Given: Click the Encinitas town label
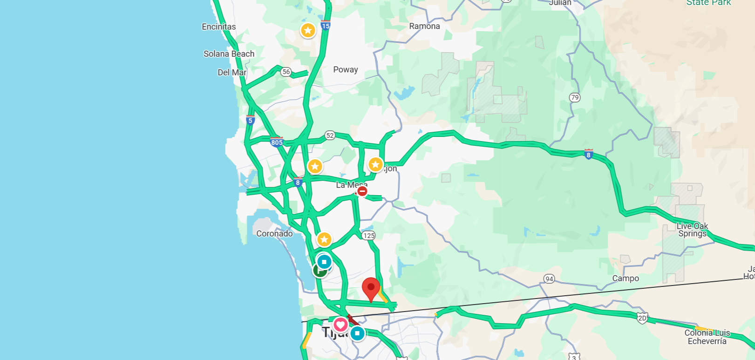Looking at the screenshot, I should point(218,27).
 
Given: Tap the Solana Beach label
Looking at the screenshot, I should point(229,54).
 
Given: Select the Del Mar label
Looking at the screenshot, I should point(232,72).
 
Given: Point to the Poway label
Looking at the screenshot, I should point(345,69).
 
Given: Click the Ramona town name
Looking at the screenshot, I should point(424,26).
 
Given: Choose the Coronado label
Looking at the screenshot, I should point(274,233).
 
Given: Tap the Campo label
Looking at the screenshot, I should point(625,278).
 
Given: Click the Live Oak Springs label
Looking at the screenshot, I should point(692,230).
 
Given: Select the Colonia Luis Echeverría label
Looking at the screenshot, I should point(707,337).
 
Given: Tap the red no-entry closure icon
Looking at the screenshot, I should point(362,191).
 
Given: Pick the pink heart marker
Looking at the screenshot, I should point(340,325).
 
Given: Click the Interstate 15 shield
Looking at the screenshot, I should point(326,26).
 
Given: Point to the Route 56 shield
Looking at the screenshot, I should point(286,72).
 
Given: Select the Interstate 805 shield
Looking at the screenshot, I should point(277,142).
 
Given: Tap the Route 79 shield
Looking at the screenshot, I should point(575,97).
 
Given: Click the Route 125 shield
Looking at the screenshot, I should point(369,235).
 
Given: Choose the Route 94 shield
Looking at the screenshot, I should point(549,279).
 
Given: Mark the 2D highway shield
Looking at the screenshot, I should point(642,318).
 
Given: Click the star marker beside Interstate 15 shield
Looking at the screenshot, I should point(308,31).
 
